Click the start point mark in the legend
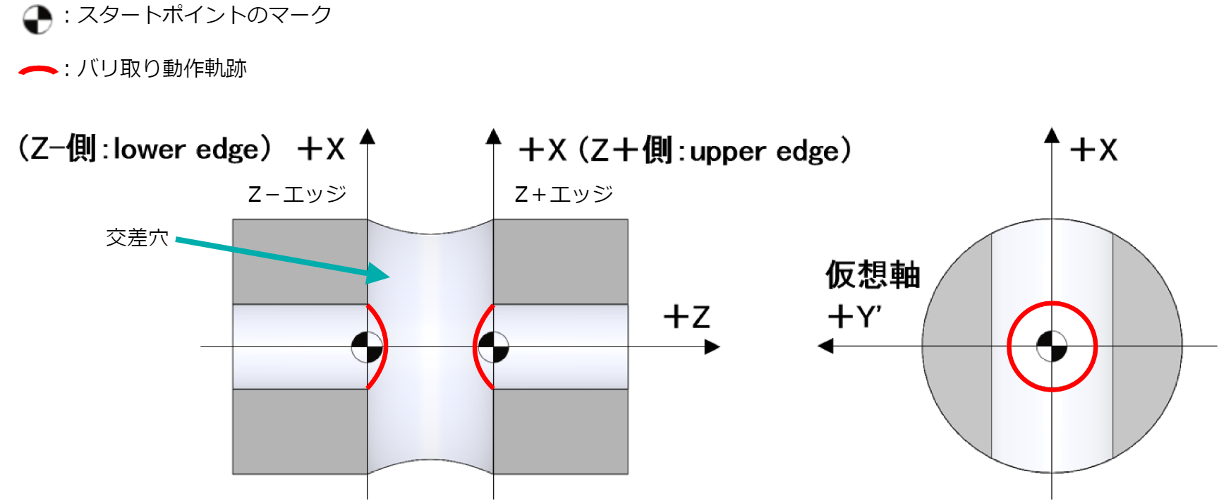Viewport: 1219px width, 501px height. [37, 20]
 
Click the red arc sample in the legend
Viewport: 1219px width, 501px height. [38, 70]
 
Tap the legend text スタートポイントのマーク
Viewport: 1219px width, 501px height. [205, 16]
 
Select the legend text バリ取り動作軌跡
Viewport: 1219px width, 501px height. [162, 68]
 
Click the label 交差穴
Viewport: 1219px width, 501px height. [137, 238]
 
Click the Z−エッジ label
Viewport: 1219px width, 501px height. [297, 194]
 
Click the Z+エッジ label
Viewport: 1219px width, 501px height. [564, 194]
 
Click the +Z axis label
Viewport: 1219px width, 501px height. [686, 317]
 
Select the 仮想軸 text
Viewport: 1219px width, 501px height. [873, 274]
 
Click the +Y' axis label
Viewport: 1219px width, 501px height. [854, 317]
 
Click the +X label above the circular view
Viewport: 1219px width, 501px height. [1093, 150]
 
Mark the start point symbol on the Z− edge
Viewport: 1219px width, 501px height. [368, 346]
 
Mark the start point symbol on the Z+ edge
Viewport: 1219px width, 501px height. [493, 346]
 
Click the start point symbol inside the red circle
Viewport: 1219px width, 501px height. [1052, 346]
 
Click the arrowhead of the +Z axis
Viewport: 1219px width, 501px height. [712, 346]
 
